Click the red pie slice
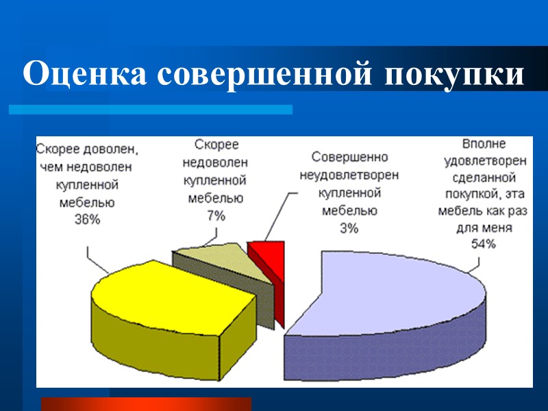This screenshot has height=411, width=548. click(267, 256)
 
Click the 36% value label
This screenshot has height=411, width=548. click(87, 219)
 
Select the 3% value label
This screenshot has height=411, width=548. click(349, 228)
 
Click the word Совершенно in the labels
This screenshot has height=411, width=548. click(349, 157)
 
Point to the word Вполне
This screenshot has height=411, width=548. click(484, 145)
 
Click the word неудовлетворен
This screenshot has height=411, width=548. click(349, 175)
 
